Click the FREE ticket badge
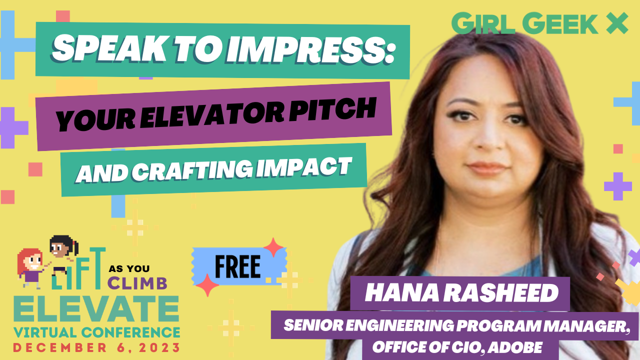[237, 266]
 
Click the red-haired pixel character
[30, 264]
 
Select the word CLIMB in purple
[137, 283]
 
